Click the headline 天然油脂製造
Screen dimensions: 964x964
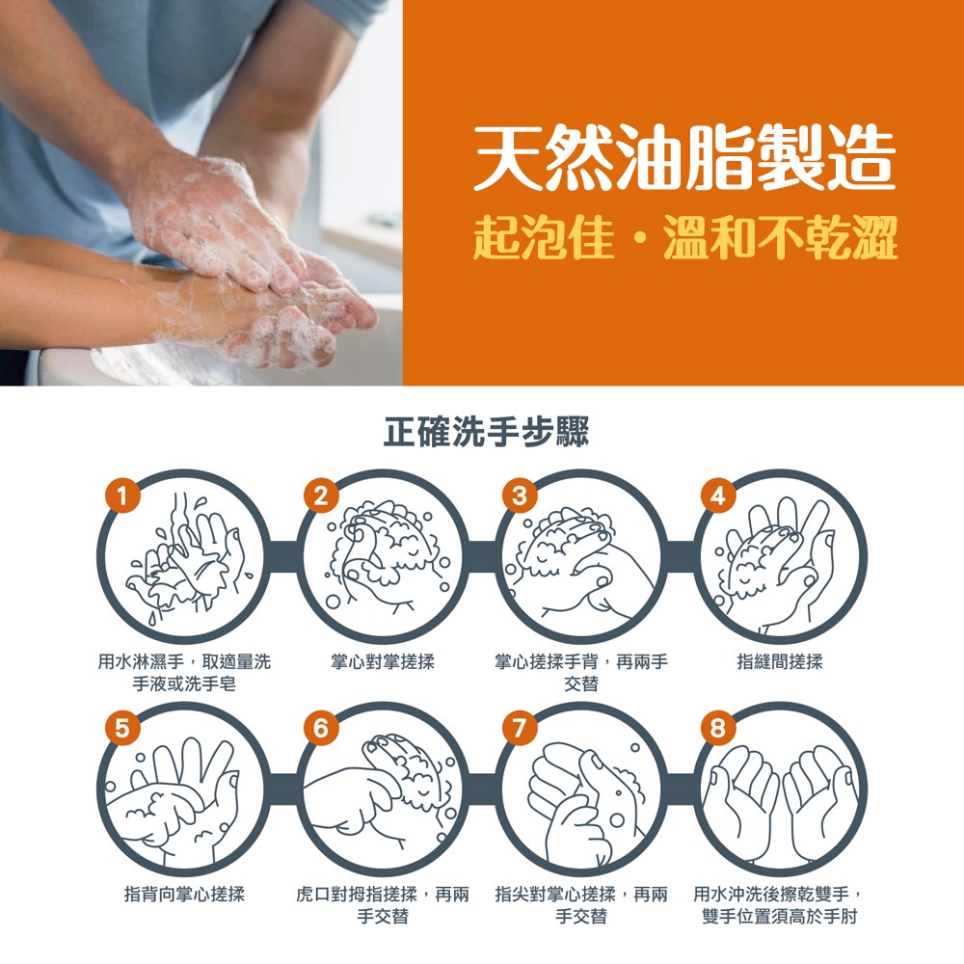point(683,156)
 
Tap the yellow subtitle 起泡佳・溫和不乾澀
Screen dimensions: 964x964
point(684,238)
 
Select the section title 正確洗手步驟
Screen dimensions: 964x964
point(486,431)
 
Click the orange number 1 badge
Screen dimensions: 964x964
point(122,496)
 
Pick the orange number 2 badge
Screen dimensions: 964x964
point(321,496)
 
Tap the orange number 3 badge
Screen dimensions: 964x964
point(520,496)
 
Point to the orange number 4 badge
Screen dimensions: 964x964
point(718,496)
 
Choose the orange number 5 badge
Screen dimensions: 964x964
point(122,729)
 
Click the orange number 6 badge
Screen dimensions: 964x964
point(321,729)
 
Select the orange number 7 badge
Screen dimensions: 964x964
point(520,729)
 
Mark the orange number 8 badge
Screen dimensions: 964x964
point(718,729)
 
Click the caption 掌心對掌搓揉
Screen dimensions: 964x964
point(383,661)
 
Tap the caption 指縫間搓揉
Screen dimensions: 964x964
point(780,661)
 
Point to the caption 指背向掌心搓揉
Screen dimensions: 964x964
point(184,894)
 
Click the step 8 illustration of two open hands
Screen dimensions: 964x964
point(781,799)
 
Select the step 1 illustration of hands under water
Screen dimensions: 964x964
point(184,559)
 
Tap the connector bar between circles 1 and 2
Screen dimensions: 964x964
point(282,557)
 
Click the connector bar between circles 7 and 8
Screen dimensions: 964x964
point(681,789)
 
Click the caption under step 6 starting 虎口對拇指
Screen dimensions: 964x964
point(383,905)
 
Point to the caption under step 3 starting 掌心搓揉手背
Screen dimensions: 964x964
point(581,673)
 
